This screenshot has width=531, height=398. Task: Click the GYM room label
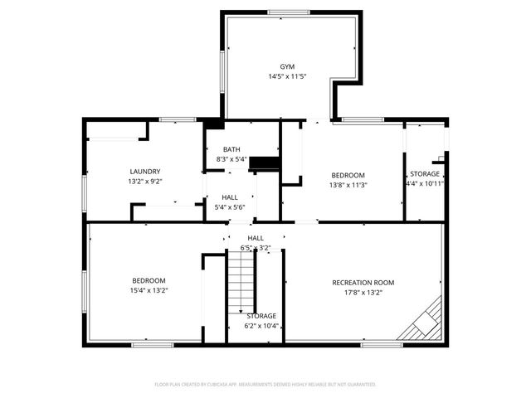tap(286, 66)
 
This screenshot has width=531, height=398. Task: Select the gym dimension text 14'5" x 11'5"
tap(286, 76)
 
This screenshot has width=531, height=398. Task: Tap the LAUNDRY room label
tap(144, 172)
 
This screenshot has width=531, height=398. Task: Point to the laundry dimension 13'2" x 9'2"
tap(144, 181)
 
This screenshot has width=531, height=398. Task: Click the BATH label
tap(231, 149)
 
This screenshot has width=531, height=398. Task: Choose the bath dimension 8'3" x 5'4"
tap(231, 158)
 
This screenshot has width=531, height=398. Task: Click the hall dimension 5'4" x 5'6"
tap(230, 206)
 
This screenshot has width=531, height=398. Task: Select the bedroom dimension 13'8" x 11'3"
tap(348, 185)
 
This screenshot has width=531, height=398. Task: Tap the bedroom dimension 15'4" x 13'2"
tap(149, 290)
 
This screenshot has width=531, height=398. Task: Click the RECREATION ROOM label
tap(363, 283)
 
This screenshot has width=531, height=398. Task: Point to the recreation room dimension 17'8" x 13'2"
tap(363, 292)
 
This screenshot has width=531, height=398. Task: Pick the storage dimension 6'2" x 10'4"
tap(261, 326)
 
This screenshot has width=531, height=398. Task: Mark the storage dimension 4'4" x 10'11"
tap(425, 184)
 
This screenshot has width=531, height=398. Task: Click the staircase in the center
tap(240, 282)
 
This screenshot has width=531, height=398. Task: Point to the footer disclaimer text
tap(265, 385)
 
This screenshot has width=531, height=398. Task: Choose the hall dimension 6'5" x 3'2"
tap(255, 247)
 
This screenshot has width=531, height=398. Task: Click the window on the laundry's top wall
tap(172, 119)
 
